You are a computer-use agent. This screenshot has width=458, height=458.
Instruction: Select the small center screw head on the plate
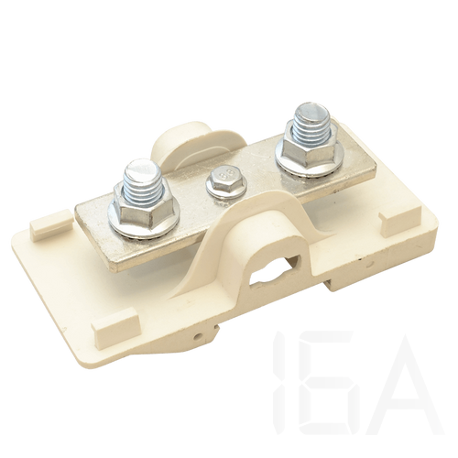click(226, 180)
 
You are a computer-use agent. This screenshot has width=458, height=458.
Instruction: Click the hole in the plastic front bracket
click(275, 269)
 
